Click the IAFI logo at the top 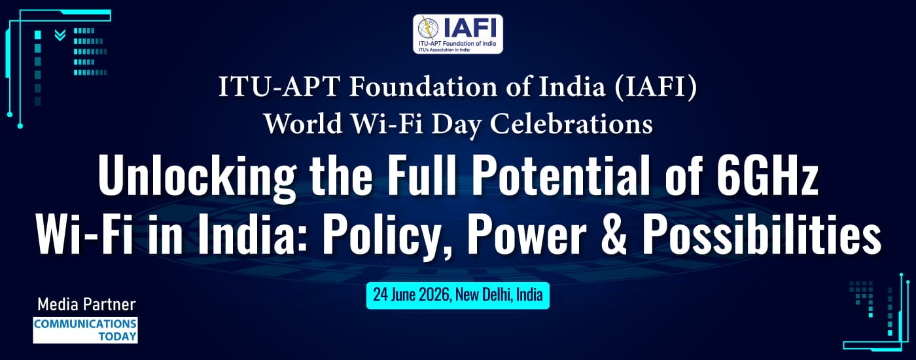pos(457,34)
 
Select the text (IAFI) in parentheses pos(656,86)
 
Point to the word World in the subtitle pos(303,123)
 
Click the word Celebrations pos(571,123)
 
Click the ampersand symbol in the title pos(614,235)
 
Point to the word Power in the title pos(527,235)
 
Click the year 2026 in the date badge pos(434,295)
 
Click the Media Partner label pos(86,304)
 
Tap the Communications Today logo pos(85,330)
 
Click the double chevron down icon pos(60,35)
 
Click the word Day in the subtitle pos(457,124)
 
